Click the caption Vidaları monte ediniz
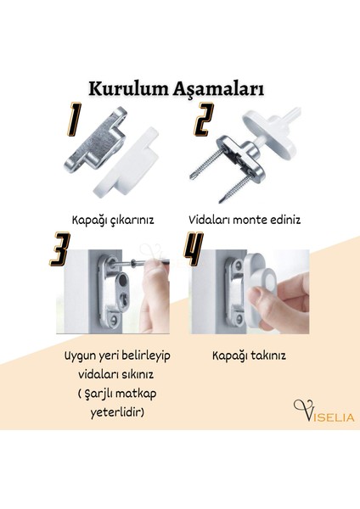coord(245,218)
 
